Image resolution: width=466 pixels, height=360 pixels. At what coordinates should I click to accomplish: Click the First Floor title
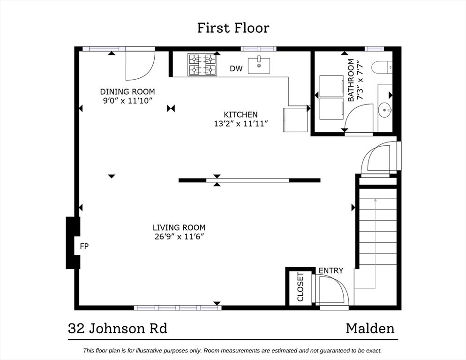(x=233, y=28)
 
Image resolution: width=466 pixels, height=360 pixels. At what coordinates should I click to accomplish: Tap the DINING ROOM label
(x=128, y=91)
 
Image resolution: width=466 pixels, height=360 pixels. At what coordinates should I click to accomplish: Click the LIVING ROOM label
(x=179, y=227)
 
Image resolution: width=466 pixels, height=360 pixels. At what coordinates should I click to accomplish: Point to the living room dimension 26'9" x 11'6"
(x=179, y=237)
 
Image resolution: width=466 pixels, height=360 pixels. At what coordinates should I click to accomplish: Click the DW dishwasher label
(x=236, y=68)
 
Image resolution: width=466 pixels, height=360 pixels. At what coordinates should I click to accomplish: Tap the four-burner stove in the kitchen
(x=202, y=65)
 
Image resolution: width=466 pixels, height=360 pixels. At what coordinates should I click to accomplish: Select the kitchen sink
(x=259, y=66)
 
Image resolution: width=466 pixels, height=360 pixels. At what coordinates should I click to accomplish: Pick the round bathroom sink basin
(x=385, y=110)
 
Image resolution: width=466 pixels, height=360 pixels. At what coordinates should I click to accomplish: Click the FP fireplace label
(x=84, y=246)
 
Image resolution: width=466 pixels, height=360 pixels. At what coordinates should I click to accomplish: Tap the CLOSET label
(x=301, y=287)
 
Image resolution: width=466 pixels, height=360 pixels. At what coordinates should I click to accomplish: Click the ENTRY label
(x=331, y=270)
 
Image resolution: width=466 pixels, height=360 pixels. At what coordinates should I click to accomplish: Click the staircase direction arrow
(x=376, y=244)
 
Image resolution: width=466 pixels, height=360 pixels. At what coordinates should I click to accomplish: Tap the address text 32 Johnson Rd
(x=118, y=329)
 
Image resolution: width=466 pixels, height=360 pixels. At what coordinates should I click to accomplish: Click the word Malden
(x=370, y=329)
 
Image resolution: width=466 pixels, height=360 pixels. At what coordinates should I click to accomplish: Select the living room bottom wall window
(x=178, y=307)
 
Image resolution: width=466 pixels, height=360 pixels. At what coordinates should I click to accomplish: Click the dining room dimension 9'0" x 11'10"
(x=128, y=100)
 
